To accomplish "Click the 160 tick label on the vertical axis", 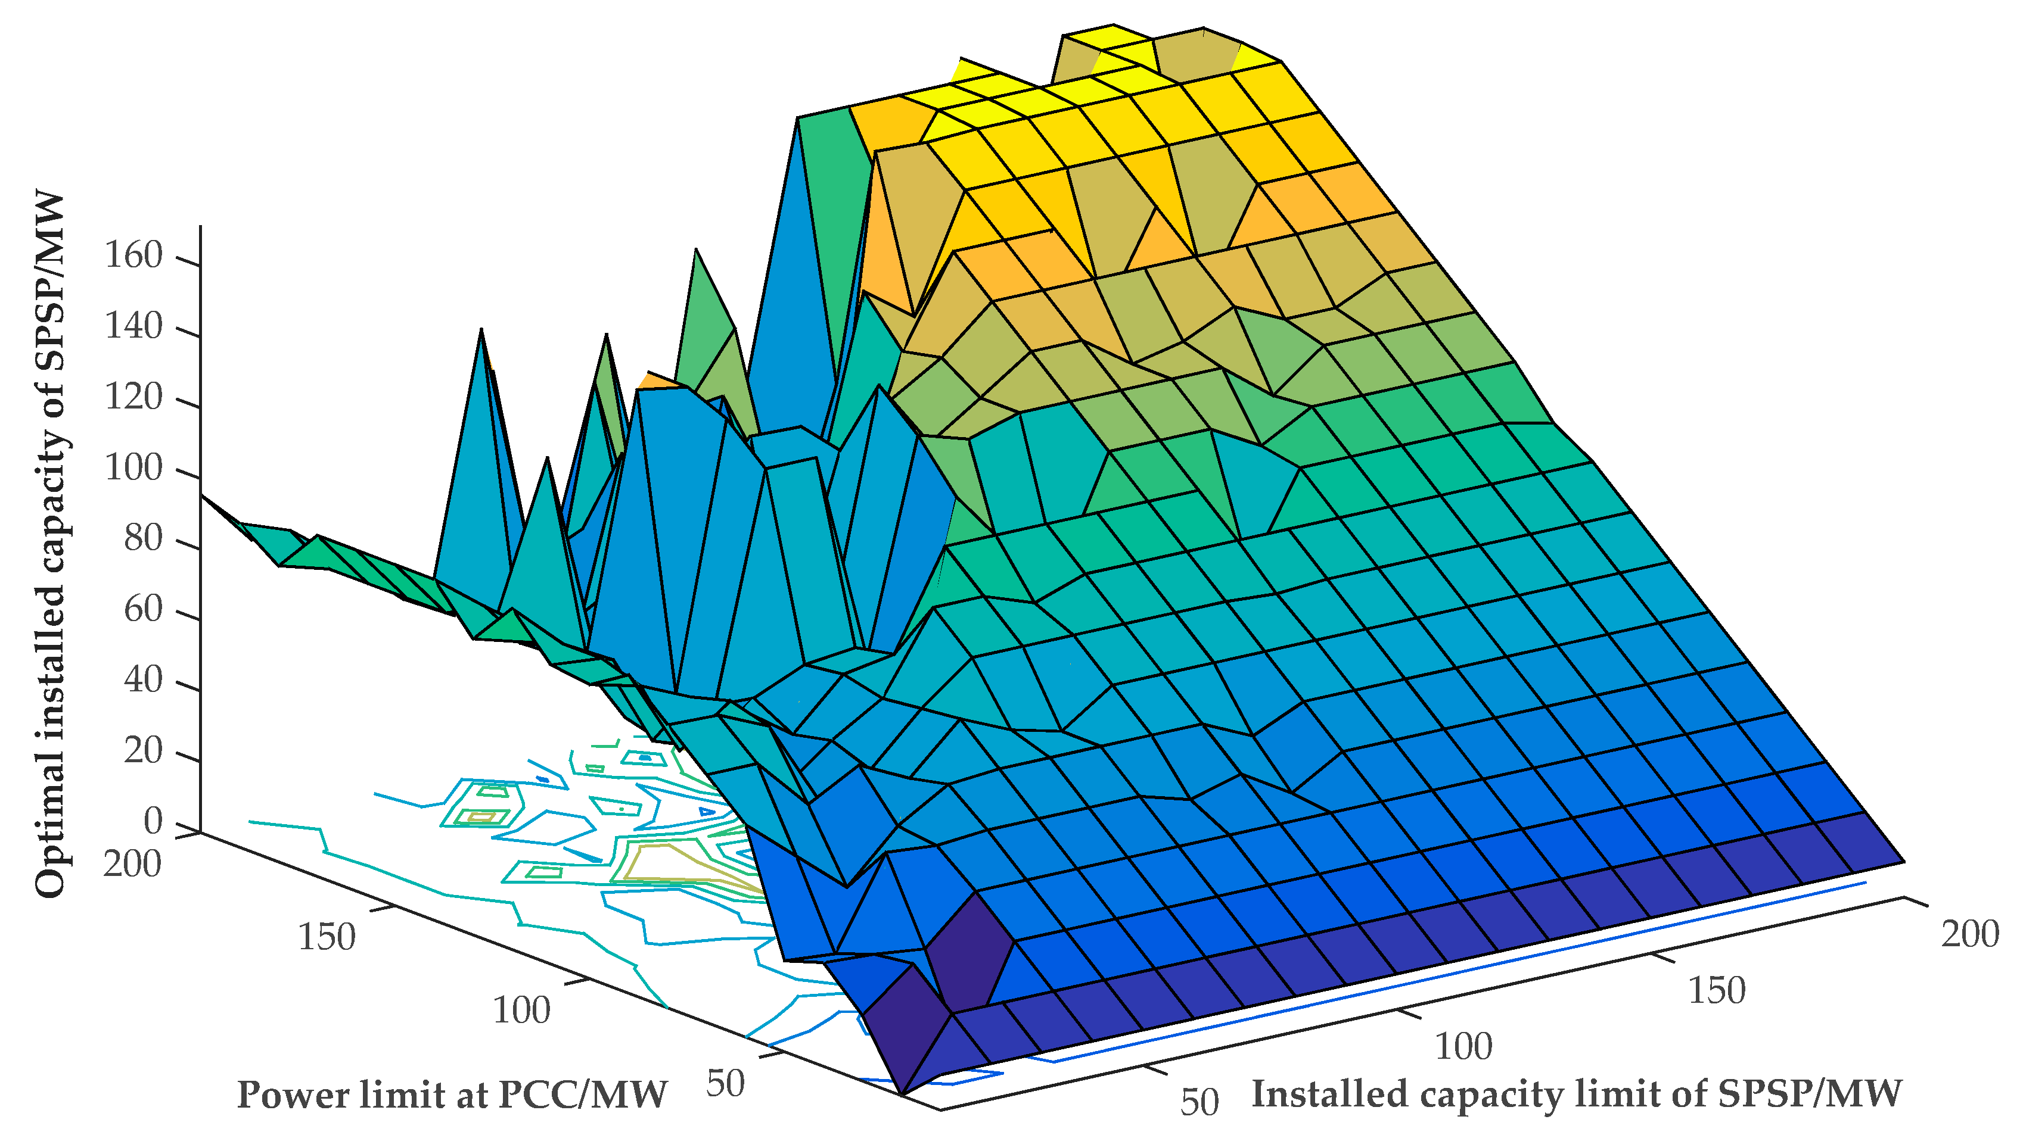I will point(133,256).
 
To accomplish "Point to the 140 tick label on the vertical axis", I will point(133,326).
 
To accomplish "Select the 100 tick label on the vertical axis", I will point(133,469).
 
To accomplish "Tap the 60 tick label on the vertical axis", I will point(142,610).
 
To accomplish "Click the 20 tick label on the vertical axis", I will point(142,751).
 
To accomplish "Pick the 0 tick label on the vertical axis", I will point(153,822).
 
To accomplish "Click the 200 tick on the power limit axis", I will point(132,864).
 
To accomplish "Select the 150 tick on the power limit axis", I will point(326,937).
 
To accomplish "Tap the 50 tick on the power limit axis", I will point(724,1084).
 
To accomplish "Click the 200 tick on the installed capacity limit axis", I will point(1969,934).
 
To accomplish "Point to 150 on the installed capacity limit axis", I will point(1717,990).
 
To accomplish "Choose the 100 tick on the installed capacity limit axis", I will point(1463,1047).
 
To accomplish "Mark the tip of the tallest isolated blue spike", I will point(798,119).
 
